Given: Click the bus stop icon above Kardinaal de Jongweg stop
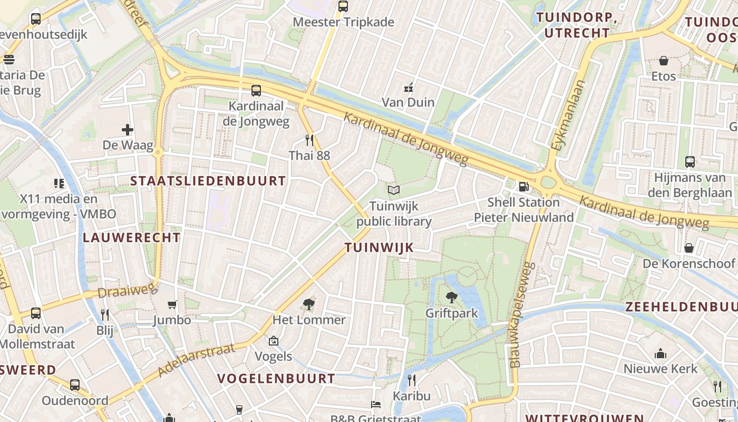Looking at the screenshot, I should pyautogui.click(x=256, y=90).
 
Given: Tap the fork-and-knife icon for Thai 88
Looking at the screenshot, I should pyautogui.click(x=309, y=140).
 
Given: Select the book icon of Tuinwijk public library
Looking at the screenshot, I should pyautogui.click(x=394, y=190).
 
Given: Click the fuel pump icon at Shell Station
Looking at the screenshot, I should pyautogui.click(x=523, y=186).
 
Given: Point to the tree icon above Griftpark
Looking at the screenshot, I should pyautogui.click(x=451, y=298).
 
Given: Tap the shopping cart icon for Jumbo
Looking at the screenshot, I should pyautogui.click(x=172, y=304).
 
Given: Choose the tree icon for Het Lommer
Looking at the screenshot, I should pyautogui.click(x=309, y=304).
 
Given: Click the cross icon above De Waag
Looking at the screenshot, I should pyautogui.click(x=127, y=129).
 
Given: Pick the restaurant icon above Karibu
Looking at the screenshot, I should pyautogui.click(x=412, y=380).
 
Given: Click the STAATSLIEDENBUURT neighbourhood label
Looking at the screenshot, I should pyautogui.click(x=208, y=181).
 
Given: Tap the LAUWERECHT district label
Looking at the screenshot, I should pyautogui.click(x=132, y=237).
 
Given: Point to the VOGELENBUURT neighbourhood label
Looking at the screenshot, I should pyautogui.click(x=276, y=378).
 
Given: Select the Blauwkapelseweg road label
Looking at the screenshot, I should pyautogui.click(x=522, y=315).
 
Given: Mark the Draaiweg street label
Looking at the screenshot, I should pyautogui.click(x=128, y=290).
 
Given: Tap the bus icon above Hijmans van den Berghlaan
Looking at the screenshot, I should pyautogui.click(x=690, y=162).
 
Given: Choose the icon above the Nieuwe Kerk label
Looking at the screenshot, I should pyautogui.click(x=661, y=353).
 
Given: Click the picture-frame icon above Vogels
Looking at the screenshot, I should pyautogui.click(x=273, y=341).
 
